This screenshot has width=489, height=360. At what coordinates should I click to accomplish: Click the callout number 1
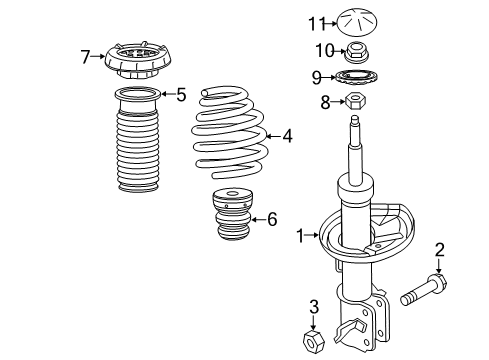coord(299,236)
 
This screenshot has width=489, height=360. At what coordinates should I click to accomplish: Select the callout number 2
coord(438,249)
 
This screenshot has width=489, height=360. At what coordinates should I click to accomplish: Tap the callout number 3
coord(314,306)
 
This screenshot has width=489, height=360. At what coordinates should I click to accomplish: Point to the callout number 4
coord(287,135)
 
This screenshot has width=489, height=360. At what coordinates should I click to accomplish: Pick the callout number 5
coord(180,96)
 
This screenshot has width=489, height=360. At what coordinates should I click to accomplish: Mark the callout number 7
coord(85,56)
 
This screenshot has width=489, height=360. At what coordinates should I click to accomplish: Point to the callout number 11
coord(317,22)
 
